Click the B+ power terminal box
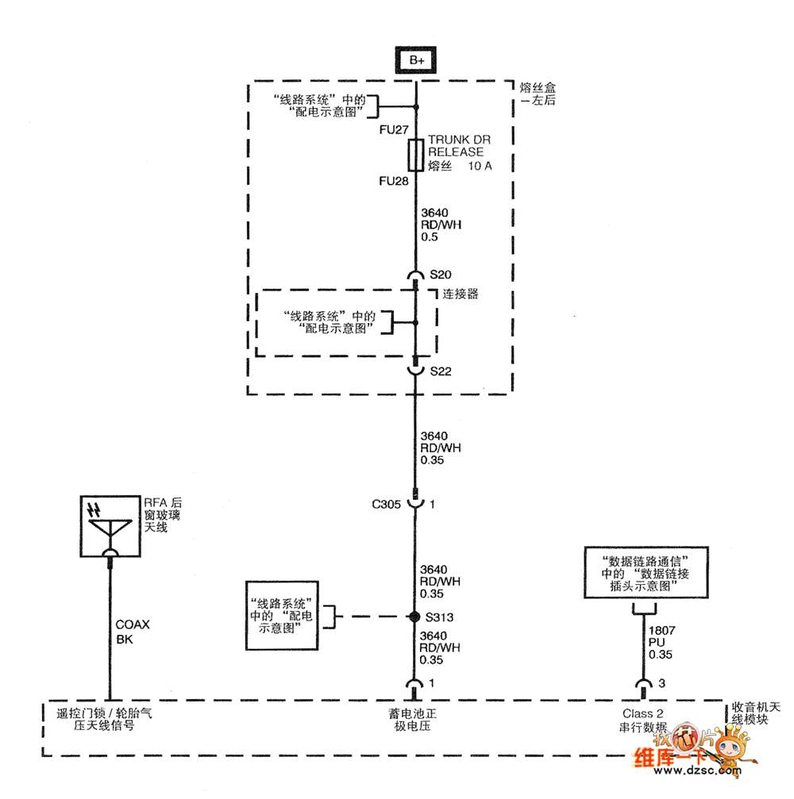(416, 60)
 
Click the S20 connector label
(440, 275)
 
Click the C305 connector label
(387, 504)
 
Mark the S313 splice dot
(414, 617)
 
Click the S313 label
(440, 617)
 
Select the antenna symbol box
(110, 524)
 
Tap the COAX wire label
(132, 624)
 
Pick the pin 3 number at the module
(661, 683)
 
